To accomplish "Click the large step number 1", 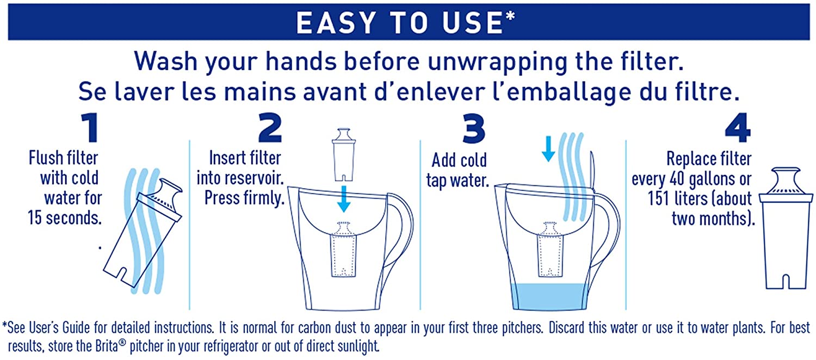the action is pos(90,127).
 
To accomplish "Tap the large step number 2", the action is pos(270,127).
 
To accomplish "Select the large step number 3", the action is pos(474,128).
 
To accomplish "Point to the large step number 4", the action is pos(738,127).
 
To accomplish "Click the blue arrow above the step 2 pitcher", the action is pos(343,198).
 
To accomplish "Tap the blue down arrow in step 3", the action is pos(548,148).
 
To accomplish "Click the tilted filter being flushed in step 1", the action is pos(143,233).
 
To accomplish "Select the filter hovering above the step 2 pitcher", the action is pos(343,154).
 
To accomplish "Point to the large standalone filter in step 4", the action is pos(786,228).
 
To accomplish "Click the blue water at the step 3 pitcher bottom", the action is pos(548,296).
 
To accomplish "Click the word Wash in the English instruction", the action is pos(166,61).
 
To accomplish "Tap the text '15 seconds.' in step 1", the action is pos(65,218).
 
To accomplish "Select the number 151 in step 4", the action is pos(658,198).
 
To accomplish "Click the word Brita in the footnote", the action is pos(107,346).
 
